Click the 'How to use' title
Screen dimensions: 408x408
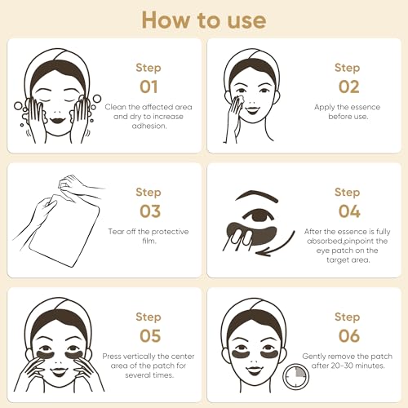[203, 20]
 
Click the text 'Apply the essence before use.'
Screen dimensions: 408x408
[347, 111]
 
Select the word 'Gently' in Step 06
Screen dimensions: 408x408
[317, 356]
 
